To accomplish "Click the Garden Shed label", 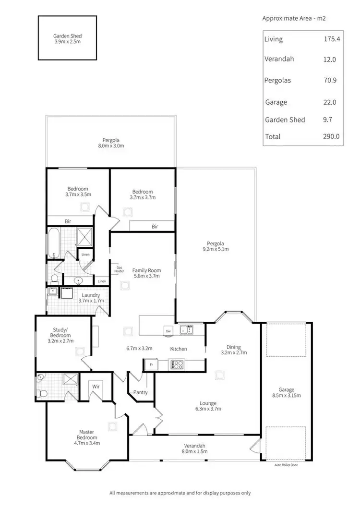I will tap(68, 36).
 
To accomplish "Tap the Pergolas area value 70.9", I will tap(331, 80).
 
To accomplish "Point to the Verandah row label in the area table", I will tap(279, 59).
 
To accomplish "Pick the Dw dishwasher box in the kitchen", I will tap(168, 331).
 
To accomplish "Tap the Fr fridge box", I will tap(151, 365).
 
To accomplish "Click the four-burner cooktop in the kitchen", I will tap(177, 365).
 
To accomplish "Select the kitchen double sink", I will tap(187, 329).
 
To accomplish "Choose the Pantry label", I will tap(141, 392).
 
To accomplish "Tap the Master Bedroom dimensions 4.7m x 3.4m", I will tap(87, 444).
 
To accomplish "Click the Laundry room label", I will tap(90, 295).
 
